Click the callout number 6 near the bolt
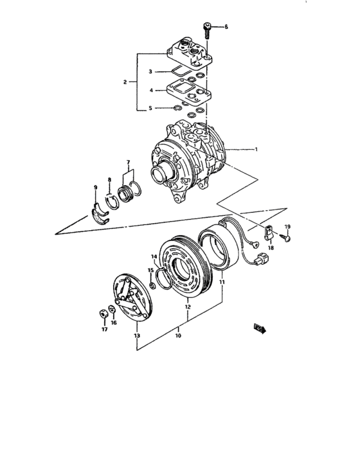[226, 26]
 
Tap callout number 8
[109, 181]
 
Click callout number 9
[96, 188]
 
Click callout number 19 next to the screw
[288, 227]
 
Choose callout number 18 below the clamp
[271, 248]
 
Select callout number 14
[154, 256]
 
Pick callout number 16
[114, 324]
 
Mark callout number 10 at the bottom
[178, 336]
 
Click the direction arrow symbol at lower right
[260, 328]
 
